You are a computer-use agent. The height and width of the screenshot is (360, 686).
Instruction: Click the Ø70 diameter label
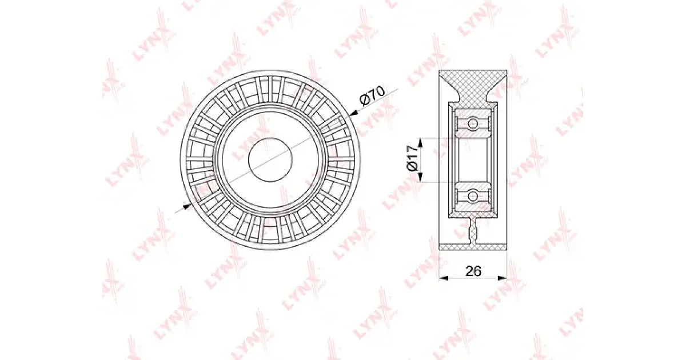tap(373, 95)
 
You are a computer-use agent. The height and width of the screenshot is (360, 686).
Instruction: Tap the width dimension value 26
tap(473, 271)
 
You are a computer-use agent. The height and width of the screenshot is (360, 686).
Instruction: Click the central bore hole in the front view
tap(270, 159)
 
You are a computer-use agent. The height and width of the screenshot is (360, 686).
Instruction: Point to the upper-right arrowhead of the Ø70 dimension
tap(353, 113)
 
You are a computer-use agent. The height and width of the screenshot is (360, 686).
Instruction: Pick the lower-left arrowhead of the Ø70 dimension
tap(187, 206)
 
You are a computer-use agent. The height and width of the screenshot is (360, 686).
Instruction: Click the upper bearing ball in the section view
tap(473, 123)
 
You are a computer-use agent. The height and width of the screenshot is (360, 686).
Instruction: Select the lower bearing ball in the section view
tap(473, 196)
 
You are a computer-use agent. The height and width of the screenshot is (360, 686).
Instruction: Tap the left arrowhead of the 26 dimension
tap(444, 278)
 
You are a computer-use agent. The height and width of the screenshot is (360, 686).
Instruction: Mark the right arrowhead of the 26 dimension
tap(502, 278)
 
